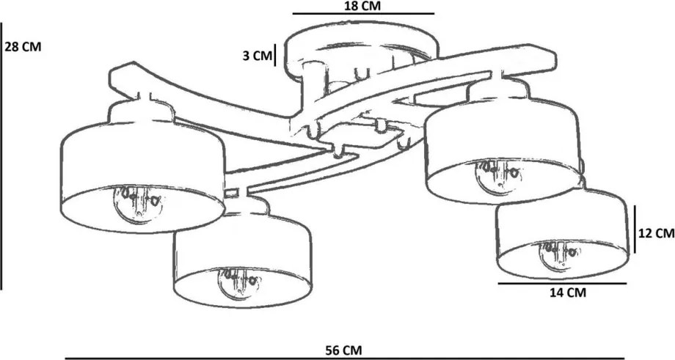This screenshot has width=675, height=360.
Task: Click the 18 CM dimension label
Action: tap(362, 6)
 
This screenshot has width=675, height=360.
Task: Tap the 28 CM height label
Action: tap(23, 47)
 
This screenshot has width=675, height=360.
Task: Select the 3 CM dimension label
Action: tap(257, 56)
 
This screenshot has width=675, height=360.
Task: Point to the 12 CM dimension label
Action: tap(656, 233)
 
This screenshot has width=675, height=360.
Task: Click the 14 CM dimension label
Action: tap(568, 293)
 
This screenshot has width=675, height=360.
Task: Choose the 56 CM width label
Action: tap(343, 350)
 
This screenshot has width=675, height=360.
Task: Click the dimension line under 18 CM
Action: tap(363, 14)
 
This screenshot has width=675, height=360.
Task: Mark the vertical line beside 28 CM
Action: tap(1, 155)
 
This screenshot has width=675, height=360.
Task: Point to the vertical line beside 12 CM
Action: tap(635, 229)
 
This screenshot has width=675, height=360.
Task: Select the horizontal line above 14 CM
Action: tap(562, 284)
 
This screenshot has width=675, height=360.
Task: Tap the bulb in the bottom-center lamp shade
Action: tap(240, 282)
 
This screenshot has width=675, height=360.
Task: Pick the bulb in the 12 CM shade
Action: tap(558, 254)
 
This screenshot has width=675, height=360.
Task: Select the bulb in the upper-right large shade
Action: tap(498, 175)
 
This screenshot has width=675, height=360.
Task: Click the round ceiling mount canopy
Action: tap(363, 51)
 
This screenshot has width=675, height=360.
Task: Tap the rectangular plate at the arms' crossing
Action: tap(360, 134)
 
